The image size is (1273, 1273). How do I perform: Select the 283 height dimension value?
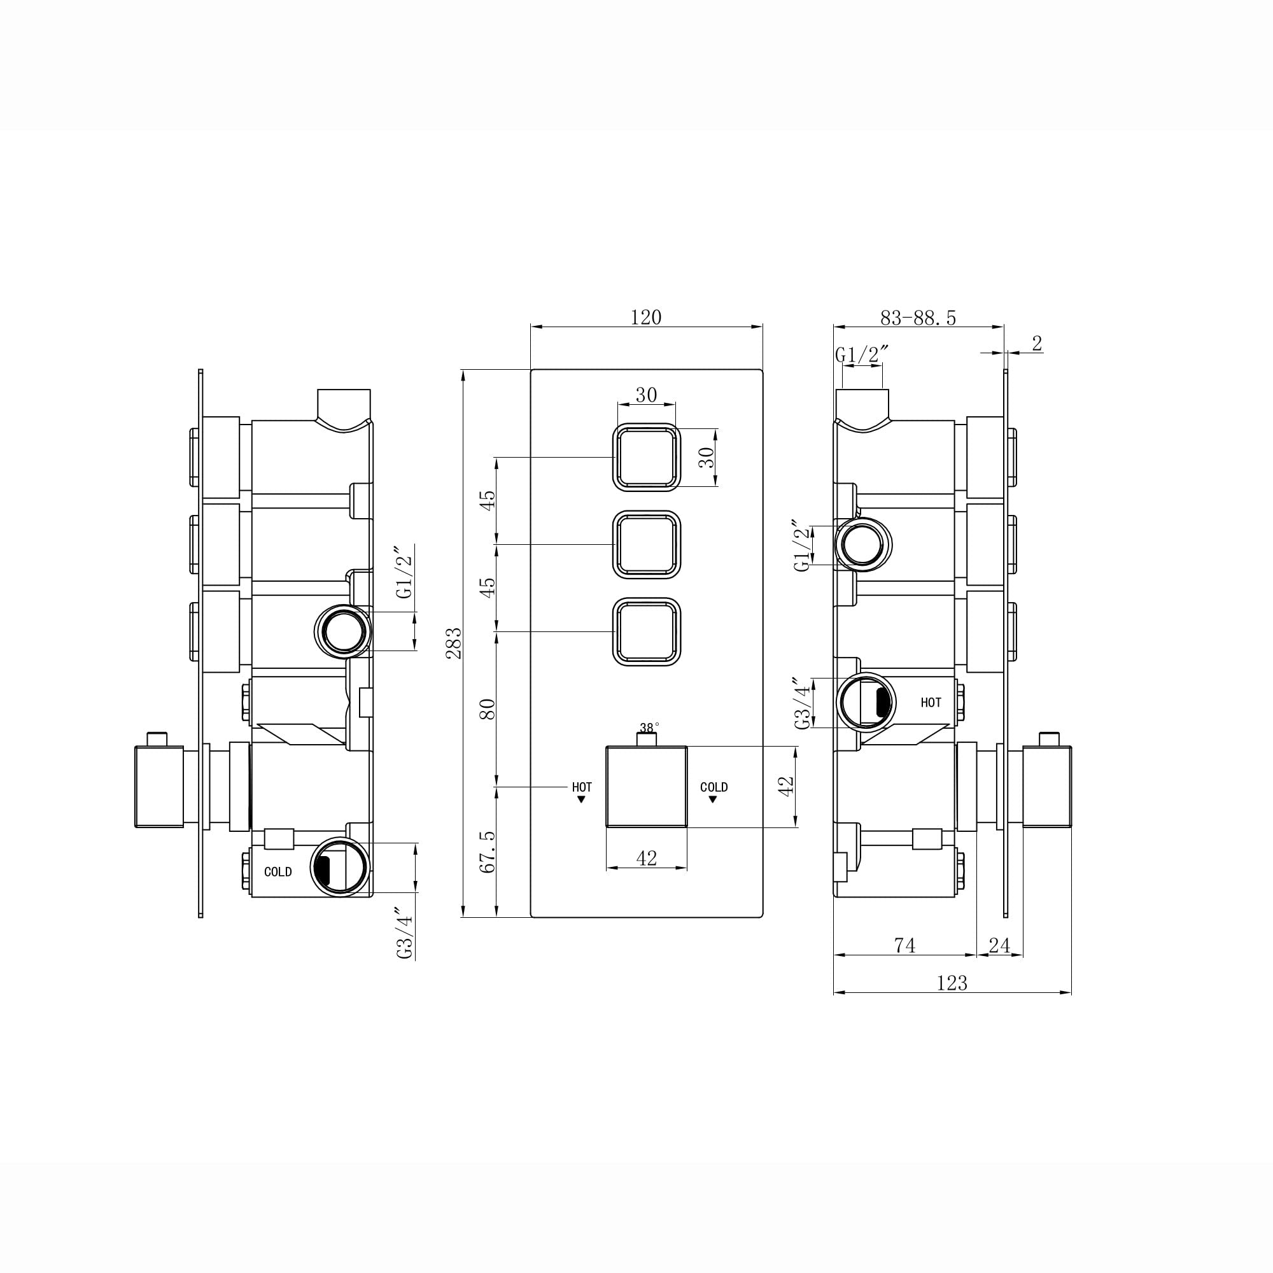[454, 643]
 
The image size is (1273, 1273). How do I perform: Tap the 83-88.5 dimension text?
[918, 318]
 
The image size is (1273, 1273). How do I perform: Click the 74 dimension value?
[904, 946]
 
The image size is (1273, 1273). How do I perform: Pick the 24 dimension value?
[999, 946]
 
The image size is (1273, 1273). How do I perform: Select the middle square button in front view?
[647, 544]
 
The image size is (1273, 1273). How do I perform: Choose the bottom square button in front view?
[647, 631]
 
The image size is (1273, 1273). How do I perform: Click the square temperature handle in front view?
[647, 786]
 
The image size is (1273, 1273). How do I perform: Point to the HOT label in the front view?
[582, 787]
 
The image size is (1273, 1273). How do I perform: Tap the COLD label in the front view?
[714, 787]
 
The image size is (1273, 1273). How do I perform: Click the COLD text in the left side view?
[278, 872]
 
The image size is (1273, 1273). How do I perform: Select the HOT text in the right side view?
[931, 703]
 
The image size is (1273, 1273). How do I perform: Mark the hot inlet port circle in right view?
[866, 701]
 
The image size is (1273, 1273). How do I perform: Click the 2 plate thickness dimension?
[1036, 344]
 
